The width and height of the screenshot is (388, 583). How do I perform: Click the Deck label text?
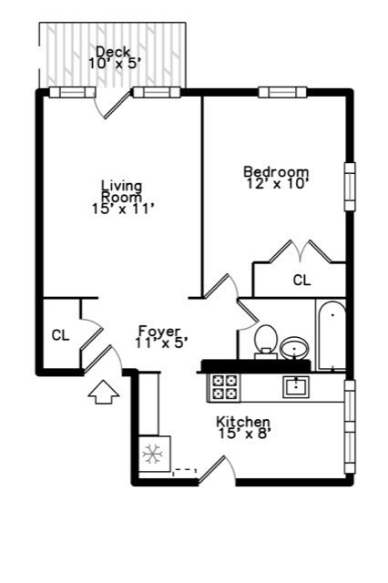tap(112, 51)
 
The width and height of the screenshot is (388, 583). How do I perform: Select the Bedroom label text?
tap(276, 171)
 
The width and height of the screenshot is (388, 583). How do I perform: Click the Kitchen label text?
tap(242, 422)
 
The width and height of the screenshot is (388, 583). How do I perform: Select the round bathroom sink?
tap(294, 347)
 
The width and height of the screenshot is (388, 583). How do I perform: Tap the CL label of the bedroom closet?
tap(301, 281)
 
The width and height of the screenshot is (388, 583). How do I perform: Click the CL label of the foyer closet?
tap(60, 335)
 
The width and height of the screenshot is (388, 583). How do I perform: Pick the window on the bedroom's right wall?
tap(349, 187)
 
